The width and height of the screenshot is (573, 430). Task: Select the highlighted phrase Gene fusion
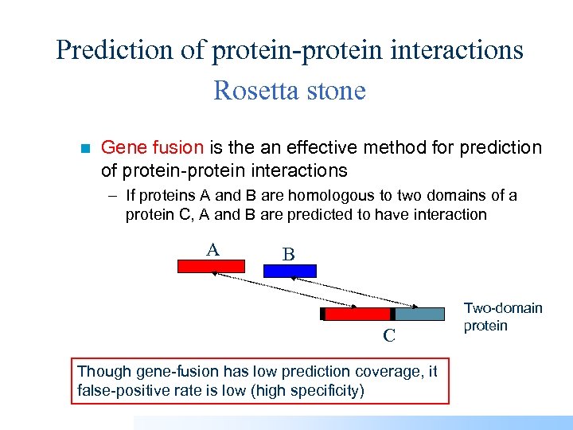153,147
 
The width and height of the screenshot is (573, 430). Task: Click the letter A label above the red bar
212,250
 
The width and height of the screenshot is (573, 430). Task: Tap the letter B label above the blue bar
289,255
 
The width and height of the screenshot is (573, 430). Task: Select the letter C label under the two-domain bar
388,336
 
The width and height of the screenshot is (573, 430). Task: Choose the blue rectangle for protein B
290,271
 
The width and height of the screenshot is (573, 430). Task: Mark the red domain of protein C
357,314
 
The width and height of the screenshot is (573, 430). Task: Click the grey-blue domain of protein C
419,314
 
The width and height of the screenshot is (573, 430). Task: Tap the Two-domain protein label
502,317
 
